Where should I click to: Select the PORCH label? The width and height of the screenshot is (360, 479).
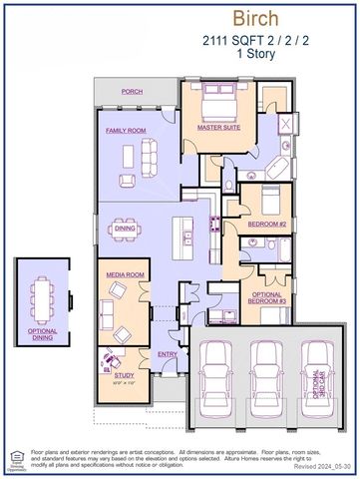point(132,92)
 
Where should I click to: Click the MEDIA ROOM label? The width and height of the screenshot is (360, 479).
point(126,274)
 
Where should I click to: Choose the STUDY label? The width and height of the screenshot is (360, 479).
point(111,374)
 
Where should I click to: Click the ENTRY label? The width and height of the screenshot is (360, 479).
point(167,353)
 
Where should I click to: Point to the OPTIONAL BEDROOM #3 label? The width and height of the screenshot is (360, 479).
point(267,297)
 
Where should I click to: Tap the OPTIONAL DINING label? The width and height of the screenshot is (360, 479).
point(42,334)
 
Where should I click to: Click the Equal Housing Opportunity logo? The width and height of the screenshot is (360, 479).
point(14,458)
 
